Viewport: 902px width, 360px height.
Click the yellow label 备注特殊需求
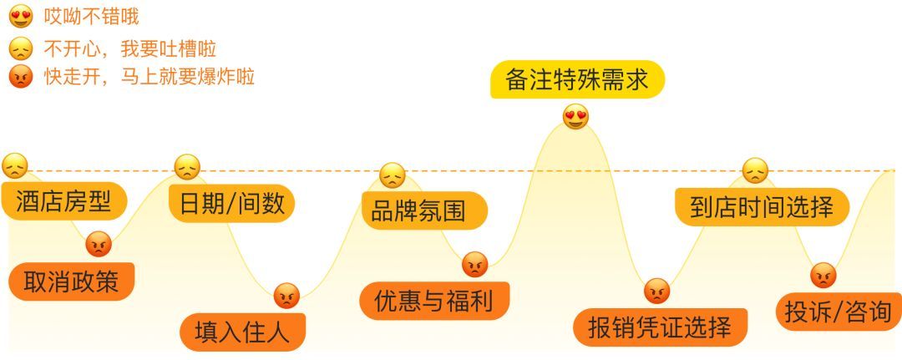[x=576, y=79]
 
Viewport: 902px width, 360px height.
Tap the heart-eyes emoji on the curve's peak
[x=575, y=116]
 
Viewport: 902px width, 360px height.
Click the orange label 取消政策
[x=72, y=282]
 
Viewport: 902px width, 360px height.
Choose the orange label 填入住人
[x=242, y=332]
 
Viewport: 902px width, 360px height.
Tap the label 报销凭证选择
[x=660, y=327]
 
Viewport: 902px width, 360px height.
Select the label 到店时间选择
[x=762, y=205]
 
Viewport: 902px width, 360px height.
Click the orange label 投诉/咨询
[x=838, y=312]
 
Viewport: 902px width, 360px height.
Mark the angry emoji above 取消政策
[x=99, y=244]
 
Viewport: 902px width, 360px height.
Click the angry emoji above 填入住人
[x=286, y=295]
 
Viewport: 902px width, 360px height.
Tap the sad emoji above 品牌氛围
[x=392, y=175]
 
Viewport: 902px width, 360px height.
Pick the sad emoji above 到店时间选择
[x=754, y=170]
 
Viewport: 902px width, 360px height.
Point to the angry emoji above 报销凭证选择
[x=657, y=291]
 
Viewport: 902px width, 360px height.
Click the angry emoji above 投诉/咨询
[x=823, y=275]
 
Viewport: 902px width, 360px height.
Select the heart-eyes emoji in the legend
[x=20, y=16]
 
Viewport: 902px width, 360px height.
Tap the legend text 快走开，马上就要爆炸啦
[x=149, y=78]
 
